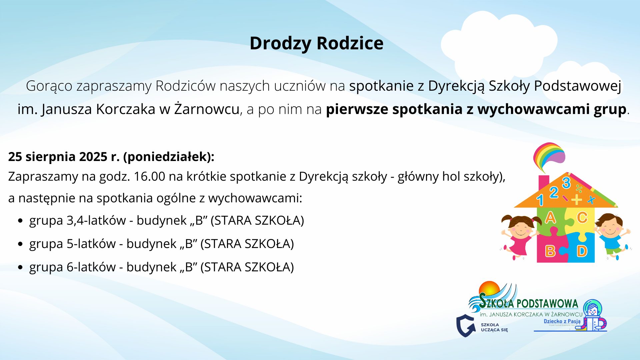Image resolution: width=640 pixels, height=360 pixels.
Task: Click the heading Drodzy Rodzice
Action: tap(316, 44)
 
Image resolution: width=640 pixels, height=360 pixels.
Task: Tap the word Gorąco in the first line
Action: tap(49, 86)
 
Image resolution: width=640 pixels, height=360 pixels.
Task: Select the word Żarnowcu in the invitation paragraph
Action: tap(207, 109)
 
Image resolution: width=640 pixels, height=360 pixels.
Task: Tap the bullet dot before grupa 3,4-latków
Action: tap(21, 221)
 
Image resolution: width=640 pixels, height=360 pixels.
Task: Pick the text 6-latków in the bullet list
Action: tap(91, 267)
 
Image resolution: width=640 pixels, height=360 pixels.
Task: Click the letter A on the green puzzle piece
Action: tap(550, 218)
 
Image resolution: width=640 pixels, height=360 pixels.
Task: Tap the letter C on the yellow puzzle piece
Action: tap(582, 218)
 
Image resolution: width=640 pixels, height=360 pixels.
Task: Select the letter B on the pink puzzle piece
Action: tap(550, 251)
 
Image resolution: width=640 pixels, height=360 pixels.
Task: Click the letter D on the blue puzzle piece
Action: tap(582, 251)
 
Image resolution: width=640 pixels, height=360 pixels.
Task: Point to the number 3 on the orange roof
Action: tap(566, 183)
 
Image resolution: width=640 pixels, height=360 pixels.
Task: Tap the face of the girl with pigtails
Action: tap(521, 227)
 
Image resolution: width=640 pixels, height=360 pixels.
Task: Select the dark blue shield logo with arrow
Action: tap(466, 326)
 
